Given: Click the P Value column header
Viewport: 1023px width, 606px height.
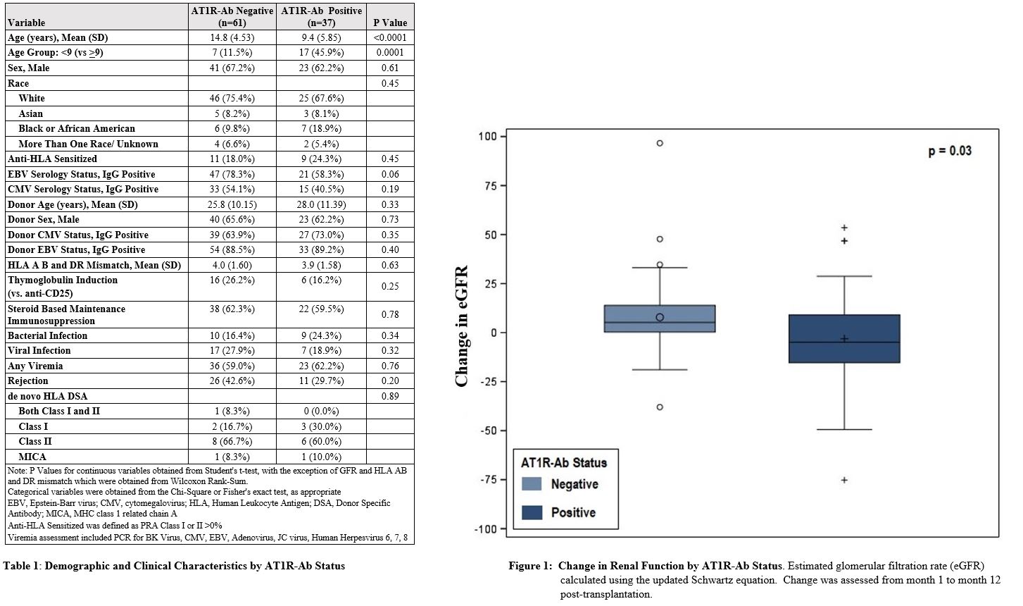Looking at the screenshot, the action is (390, 23).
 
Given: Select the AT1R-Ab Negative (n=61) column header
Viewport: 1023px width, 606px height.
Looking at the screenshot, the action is (232, 16).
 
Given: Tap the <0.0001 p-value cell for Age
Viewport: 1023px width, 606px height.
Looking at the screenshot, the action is (390, 37).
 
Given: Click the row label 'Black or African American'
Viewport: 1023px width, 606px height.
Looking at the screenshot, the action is (77, 128).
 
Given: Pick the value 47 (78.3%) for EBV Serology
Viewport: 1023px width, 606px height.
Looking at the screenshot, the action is (232, 174).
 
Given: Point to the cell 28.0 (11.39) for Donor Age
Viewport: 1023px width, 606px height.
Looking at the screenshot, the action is (322, 204).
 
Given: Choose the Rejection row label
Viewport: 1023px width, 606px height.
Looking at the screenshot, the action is (28, 381).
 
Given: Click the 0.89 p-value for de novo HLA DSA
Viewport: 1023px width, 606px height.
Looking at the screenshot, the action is (390, 396).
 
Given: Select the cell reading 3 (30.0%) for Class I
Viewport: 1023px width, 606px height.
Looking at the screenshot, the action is (322, 426).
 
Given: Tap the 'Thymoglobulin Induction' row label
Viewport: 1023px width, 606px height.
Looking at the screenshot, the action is (63, 280).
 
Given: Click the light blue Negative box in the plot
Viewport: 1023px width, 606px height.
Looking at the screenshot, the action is (660, 319).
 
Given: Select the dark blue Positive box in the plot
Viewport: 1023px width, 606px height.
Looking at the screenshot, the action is (844, 339).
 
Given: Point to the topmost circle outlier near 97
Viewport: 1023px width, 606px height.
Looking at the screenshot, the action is (660, 143).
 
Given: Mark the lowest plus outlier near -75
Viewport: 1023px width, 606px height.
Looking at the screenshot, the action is (844, 480).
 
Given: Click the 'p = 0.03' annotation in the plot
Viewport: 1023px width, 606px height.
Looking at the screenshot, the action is (950, 151).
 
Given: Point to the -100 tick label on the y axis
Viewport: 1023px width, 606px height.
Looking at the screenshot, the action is (485, 529).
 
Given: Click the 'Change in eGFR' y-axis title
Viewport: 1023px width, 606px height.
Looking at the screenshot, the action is (462, 326).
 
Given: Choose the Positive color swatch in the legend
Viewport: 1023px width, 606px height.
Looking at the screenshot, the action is (532, 512).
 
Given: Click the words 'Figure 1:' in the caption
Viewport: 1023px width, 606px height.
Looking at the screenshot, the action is (530, 566).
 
